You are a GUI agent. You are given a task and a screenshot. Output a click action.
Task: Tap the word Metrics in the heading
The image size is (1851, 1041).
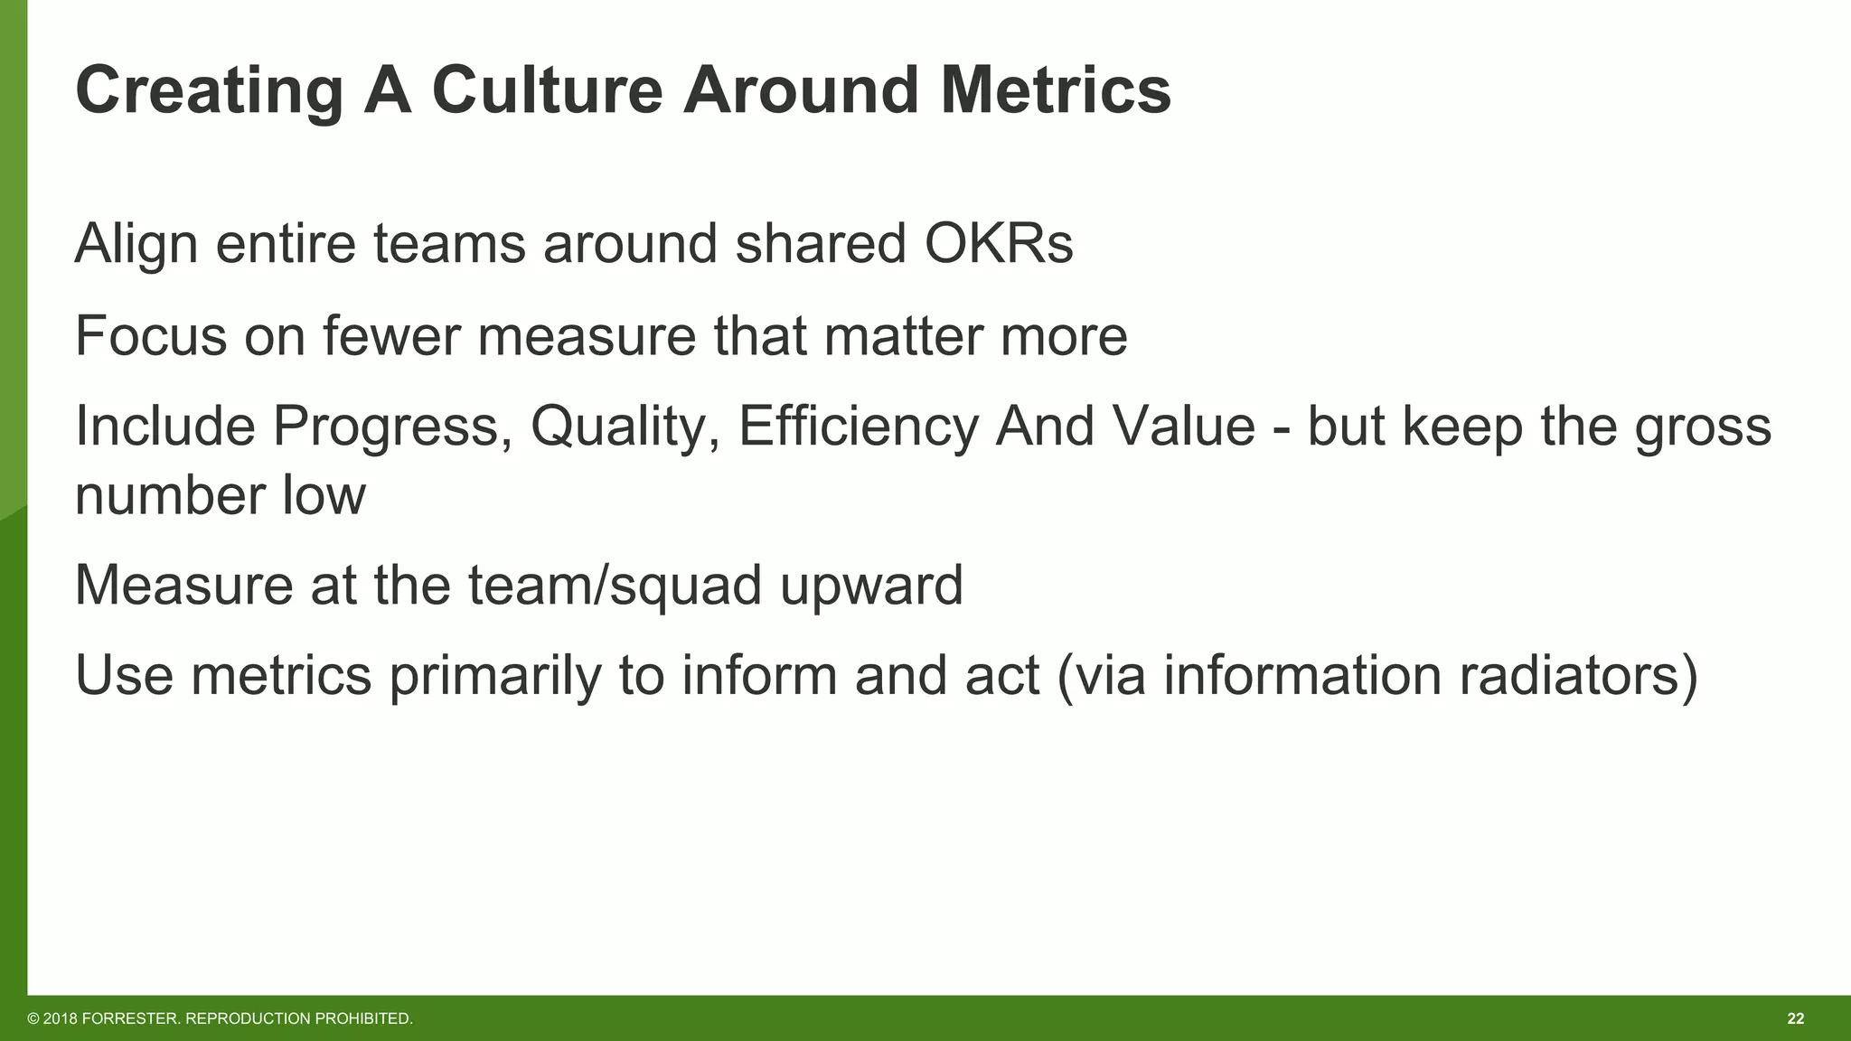click(x=1055, y=90)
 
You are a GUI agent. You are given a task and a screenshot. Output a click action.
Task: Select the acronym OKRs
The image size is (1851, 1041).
click(x=998, y=244)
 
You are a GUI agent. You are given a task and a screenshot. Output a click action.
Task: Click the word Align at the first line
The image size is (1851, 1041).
click(x=136, y=244)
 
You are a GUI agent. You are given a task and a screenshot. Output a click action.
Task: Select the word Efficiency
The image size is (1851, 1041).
click(x=858, y=427)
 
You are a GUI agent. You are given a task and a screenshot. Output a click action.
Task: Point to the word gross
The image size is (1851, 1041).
click(x=1703, y=427)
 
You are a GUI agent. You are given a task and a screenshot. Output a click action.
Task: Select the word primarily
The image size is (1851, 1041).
click(x=495, y=676)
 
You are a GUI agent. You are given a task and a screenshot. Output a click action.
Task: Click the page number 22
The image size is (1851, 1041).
click(x=1795, y=1019)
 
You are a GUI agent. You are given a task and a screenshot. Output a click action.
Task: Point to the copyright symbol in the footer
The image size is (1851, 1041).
click(x=33, y=1019)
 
